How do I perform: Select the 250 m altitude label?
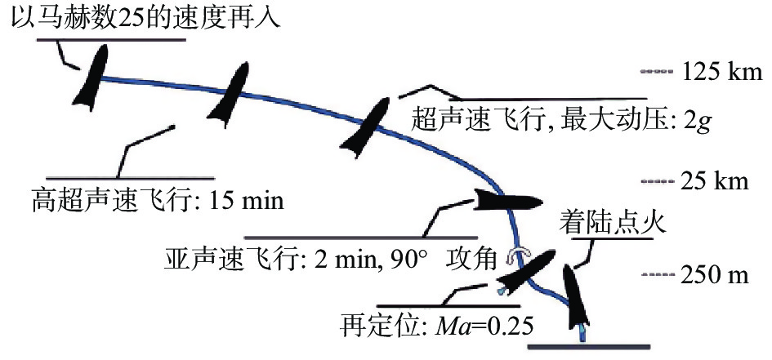click(x=713, y=275)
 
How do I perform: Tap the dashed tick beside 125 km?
click(x=655, y=72)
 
